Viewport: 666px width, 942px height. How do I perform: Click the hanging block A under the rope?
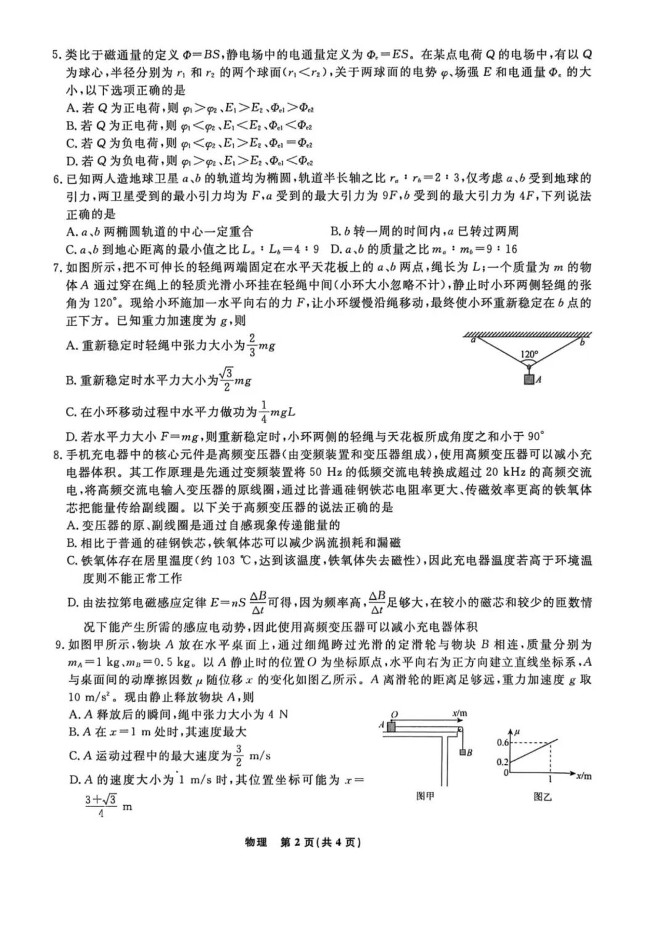click(528, 380)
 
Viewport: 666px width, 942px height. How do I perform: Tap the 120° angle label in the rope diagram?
click(528, 354)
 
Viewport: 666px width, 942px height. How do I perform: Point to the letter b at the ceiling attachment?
click(582, 342)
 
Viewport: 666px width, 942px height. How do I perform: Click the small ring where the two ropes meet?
click(528, 367)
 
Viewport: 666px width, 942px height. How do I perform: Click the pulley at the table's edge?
click(459, 731)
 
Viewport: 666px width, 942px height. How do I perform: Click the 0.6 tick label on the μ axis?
click(503, 742)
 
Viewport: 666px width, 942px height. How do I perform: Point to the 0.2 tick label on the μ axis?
click(503, 762)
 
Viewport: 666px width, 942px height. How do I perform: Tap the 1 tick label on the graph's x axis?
click(550, 779)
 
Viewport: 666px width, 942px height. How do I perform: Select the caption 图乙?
click(543, 797)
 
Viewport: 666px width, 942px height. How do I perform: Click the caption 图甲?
click(425, 795)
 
